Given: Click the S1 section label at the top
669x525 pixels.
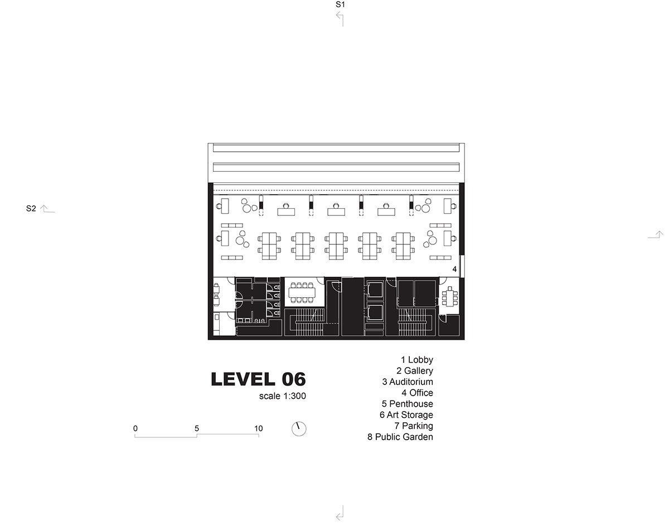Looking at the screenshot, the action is pyautogui.click(x=340, y=4).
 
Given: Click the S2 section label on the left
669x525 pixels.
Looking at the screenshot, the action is pyautogui.click(x=31, y=209).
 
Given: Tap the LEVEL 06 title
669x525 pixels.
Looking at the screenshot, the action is pyautogui.click(x=258, y=379).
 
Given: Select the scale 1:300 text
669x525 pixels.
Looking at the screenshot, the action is pyautogui.click(x=283, y=396).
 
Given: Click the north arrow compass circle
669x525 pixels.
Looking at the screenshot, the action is pyautogui.click(x=299, y=429).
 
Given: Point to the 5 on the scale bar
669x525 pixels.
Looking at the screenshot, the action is pyautogui.click(x=197, y=428).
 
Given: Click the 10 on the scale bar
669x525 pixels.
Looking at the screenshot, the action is pyautogui.click(x=259, y=428).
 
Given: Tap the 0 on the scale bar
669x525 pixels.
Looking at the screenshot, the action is pyautogui.click(x=135, y=428).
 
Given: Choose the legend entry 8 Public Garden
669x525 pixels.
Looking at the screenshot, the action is pyautogui.click(x=400, y=437).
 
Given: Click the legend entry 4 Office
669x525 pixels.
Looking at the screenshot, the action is pyautogui.click(x=418, y=393).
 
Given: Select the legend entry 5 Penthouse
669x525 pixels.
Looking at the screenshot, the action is pyautogui.click(x=408, y=403).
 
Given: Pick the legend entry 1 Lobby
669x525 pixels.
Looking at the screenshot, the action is pyautogui.click(x=417, y=359).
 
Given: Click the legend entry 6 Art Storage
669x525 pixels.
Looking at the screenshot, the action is pyautogui.click(x=406, y=415).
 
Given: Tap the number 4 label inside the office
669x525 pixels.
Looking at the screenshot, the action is pyautogui.click(x=454, y=269).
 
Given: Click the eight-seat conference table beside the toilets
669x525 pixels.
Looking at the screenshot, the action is pyautogui.click(x=302, y=292).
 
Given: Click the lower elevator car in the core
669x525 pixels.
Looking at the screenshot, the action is pyautogui.click(x=375, y=313).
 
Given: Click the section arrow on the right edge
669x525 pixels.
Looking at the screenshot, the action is pyautogui.click(x=656, y=235).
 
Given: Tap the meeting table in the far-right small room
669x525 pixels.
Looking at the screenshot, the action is pyautogui.click(x=450, y=296).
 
